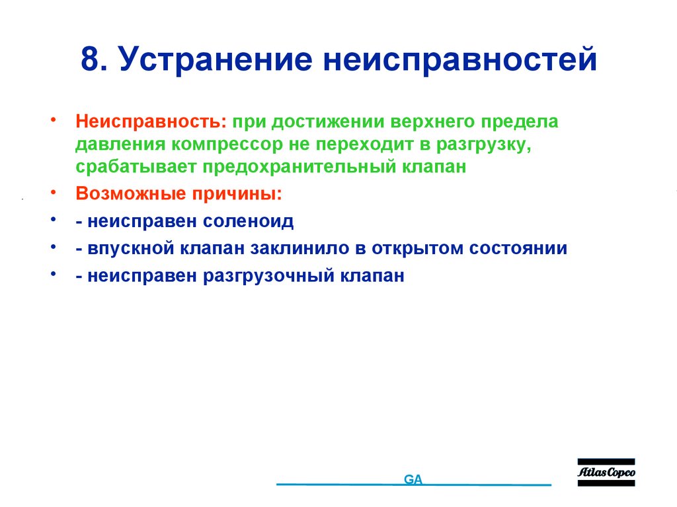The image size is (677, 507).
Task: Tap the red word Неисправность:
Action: pyautogui.click(x=151, y=122)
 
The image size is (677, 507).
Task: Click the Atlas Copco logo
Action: pyautogui.click(x=606, y=473)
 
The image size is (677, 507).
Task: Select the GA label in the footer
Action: pyautogui.click(x=413, y=480)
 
